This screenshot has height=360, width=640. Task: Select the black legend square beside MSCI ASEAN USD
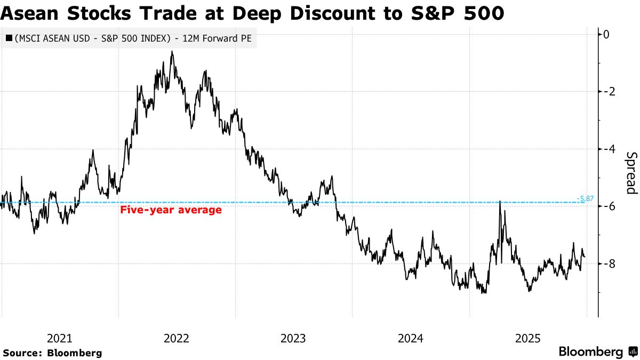(9, 38)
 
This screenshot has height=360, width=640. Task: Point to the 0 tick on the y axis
(607, 34)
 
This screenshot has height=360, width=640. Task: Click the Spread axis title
(631, 173)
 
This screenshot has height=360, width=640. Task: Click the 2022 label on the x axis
(177, 338)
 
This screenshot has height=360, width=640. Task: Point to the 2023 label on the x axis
(293, 338)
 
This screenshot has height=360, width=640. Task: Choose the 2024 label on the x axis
(410, 338)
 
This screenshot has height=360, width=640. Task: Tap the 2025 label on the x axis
(527, 338)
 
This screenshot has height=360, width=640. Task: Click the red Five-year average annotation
(171, 210)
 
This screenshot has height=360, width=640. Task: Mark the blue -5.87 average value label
(585, 199)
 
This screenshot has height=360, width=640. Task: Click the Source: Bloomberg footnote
(52, 353)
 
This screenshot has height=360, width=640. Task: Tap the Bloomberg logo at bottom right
(597, 352)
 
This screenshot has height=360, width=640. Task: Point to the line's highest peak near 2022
(172, 52)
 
